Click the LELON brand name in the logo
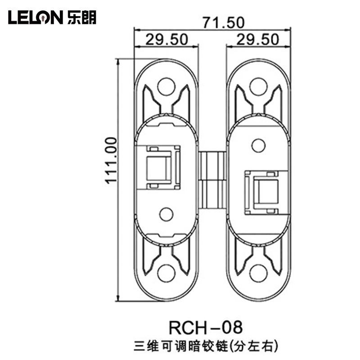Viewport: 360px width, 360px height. click(36, 17)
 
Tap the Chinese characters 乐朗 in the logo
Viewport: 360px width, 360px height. click(82, 17)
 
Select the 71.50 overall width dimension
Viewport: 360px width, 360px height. click(223, 22)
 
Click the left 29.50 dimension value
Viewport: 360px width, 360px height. click(167, 39)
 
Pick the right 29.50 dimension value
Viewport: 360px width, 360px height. click(257, 39)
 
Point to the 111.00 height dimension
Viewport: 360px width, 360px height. click(111, 160)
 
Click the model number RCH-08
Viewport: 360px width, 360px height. click(206, 328)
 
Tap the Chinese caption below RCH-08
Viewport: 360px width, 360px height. click(206, 346)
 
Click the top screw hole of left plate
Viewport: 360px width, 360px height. click(166, 87)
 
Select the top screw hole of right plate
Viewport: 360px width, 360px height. click(258, 86)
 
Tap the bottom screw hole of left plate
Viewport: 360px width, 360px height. click(166, 273)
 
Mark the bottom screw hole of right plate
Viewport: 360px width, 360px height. click(258, 274)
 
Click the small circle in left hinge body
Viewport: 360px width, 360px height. click(166, 215)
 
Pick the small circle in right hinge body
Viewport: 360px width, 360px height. click(258, 145)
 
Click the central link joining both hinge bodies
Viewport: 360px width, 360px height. click(212, 180)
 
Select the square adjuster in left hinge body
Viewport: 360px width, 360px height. click(158, 167)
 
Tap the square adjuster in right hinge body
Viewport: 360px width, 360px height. click(266, 192)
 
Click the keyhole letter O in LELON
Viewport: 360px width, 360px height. click(44, 18)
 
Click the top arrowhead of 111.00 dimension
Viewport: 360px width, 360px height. click(118, 63)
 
